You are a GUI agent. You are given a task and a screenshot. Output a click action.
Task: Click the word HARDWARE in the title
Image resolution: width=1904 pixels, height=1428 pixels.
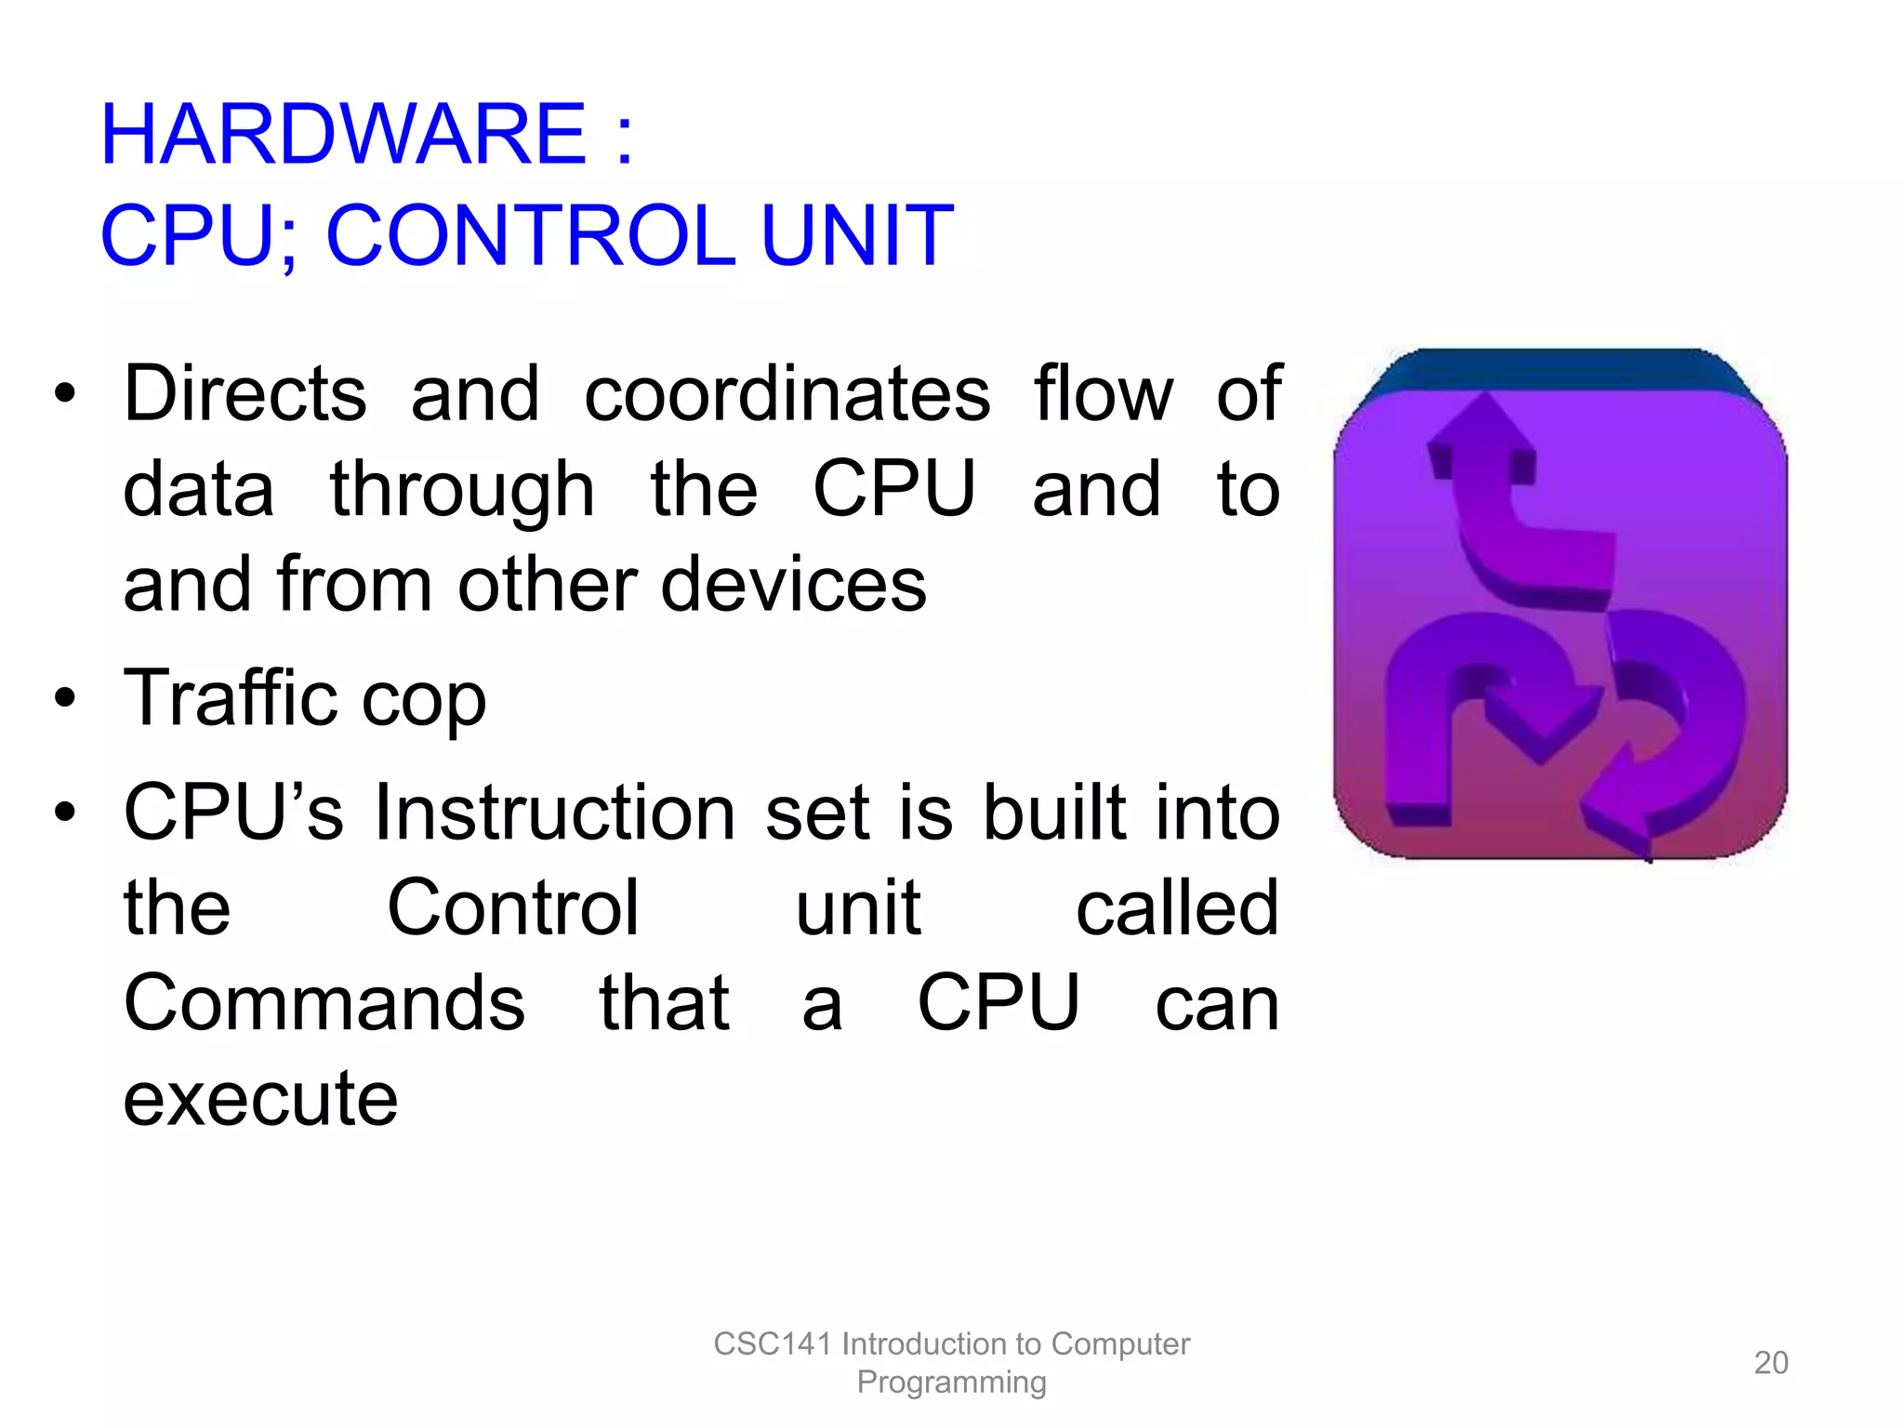(x=343, y=136)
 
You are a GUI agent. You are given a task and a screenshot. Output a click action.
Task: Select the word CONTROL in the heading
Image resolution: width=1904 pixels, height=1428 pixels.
(x=531, y=236)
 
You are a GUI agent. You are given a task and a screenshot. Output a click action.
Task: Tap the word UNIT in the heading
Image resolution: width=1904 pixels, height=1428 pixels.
(x=857, y=236)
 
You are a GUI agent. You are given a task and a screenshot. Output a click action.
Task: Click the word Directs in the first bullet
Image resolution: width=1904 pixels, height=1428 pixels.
(x=245, y=394)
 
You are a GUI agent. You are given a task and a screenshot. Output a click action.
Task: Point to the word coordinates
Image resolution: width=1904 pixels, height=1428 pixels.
(x=787, y=394)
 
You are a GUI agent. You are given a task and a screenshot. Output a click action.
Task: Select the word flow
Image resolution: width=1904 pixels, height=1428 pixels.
(x=1104, y=394)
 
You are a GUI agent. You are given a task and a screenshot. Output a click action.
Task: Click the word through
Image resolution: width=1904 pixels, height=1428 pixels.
(x=462, y=491)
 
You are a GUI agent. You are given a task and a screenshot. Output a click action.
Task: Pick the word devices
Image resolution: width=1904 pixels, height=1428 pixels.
(x=794, y=586)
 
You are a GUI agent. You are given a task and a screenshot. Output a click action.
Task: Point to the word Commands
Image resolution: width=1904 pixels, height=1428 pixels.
(x=324, y=1003)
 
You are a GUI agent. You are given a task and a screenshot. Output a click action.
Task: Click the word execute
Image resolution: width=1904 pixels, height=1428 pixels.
(x=261, y=1100)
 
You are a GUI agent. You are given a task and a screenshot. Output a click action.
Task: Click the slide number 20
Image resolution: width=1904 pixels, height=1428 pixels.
(x=1770, y=1363)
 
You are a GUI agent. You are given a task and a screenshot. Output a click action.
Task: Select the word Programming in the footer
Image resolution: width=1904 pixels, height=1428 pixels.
(x=951, y=1382)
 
